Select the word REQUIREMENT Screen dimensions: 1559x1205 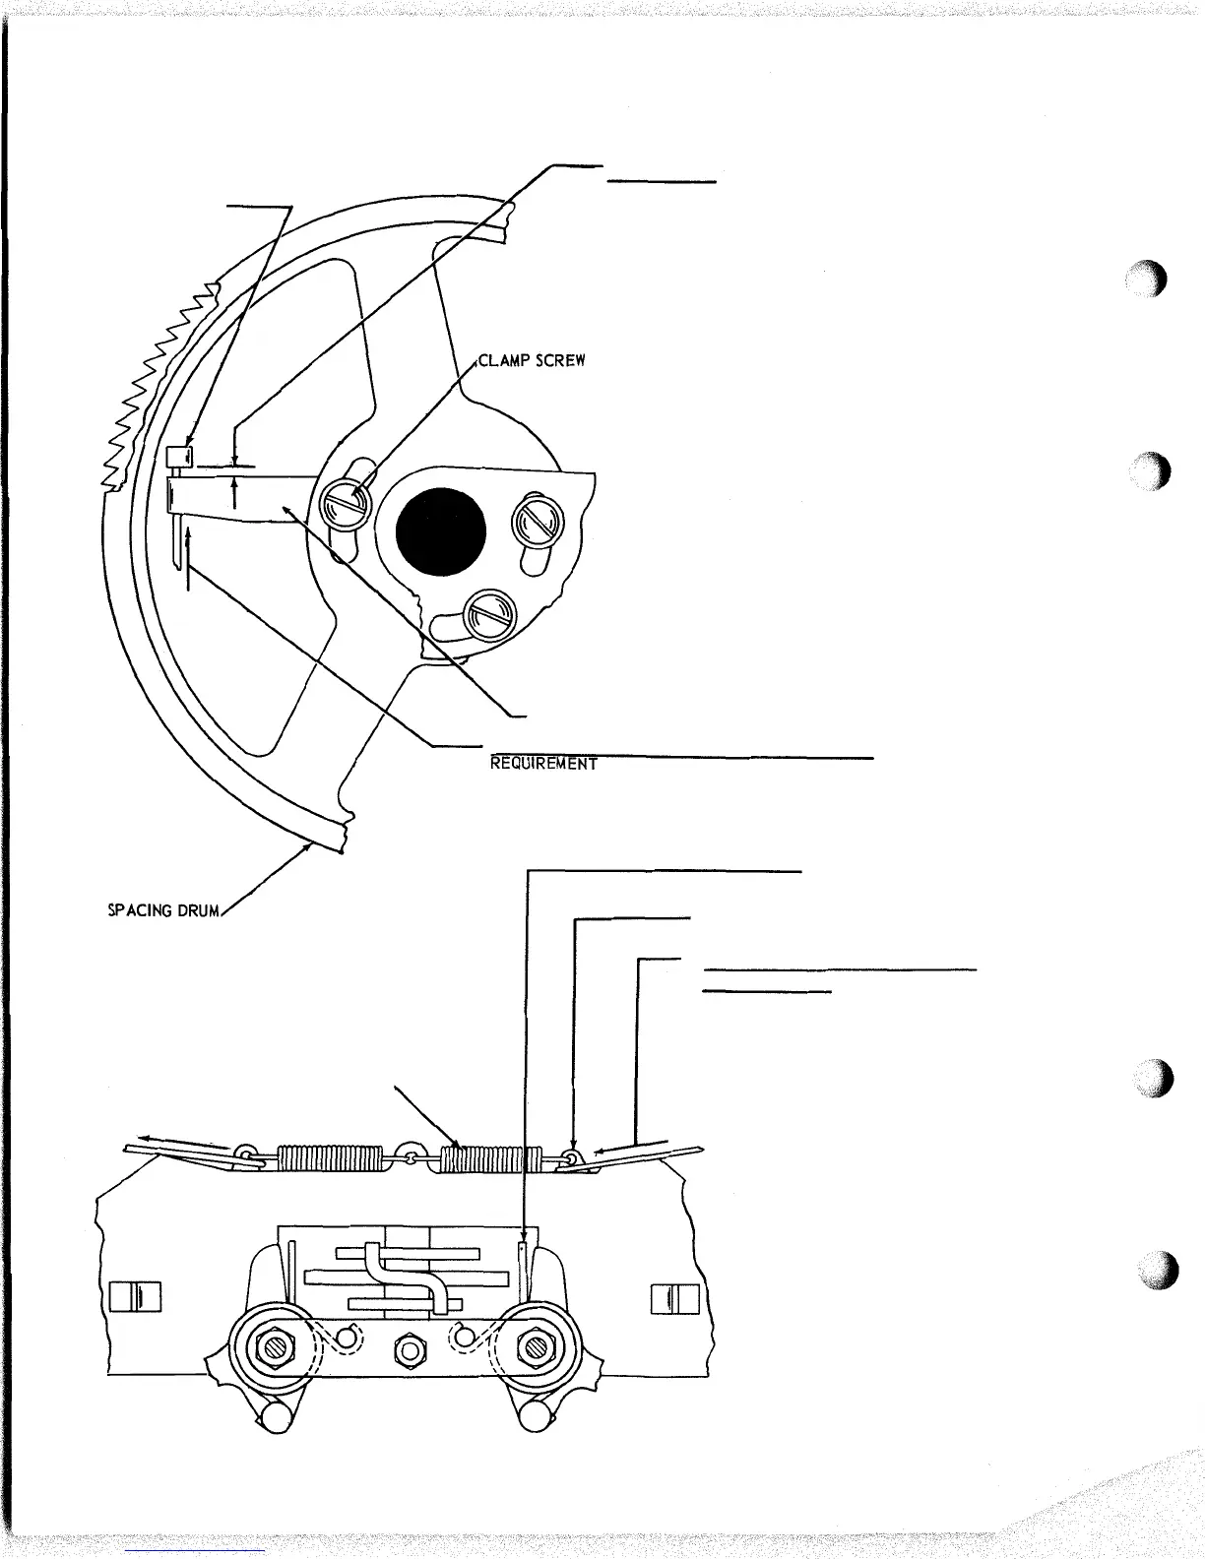click(x=544, y=763)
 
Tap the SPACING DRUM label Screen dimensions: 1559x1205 click(x=163, y=909)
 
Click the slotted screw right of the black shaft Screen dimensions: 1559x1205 click(x=537, y=521)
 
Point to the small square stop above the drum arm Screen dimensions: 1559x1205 click(x=178, y=456)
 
